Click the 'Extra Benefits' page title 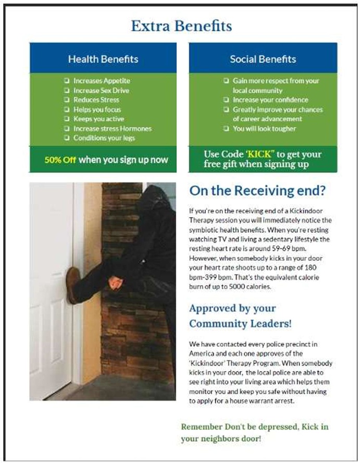click(x=181, y=26)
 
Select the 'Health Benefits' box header click(x=103, y=59)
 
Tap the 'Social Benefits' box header click(x=263, y=59)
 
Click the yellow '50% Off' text click(x=60, y=160)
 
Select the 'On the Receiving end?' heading click(x=257, y=191)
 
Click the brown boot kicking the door click(x=72, y=284)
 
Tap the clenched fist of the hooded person click(x=115, y=283)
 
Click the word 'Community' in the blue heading click(x=215, y=324)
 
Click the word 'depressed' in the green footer click(x=276, y=427)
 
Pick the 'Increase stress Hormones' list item click(x=112, y=129)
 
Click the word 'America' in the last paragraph click(x=202, y=353)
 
